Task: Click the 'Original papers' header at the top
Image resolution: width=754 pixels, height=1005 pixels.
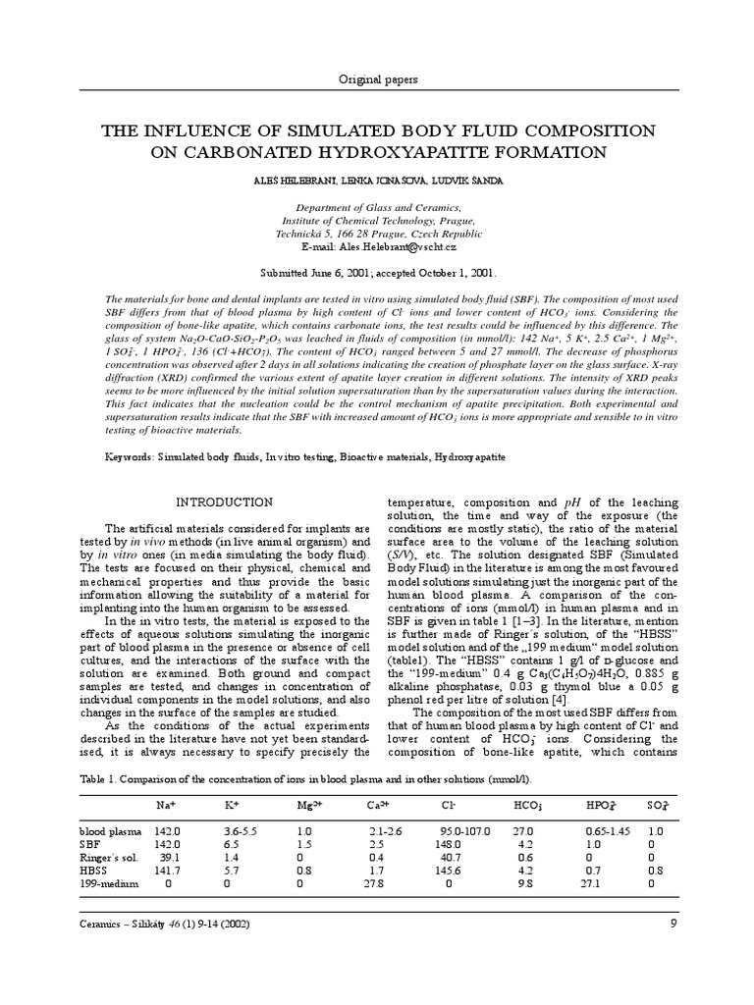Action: (376, 79)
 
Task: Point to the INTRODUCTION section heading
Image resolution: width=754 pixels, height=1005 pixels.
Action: (224, 502)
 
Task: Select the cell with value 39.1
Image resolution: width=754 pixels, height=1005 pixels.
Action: (169, 857)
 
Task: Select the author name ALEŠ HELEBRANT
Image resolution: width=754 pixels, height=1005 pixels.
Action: (303, 182)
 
